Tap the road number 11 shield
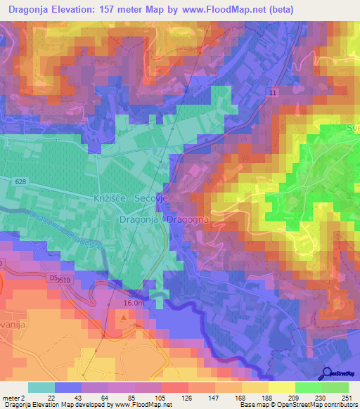(271, 93)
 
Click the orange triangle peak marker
(125, 318)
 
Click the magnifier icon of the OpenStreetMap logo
(326, 373)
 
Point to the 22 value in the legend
(51, 398)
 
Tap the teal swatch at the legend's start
(41, 387)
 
